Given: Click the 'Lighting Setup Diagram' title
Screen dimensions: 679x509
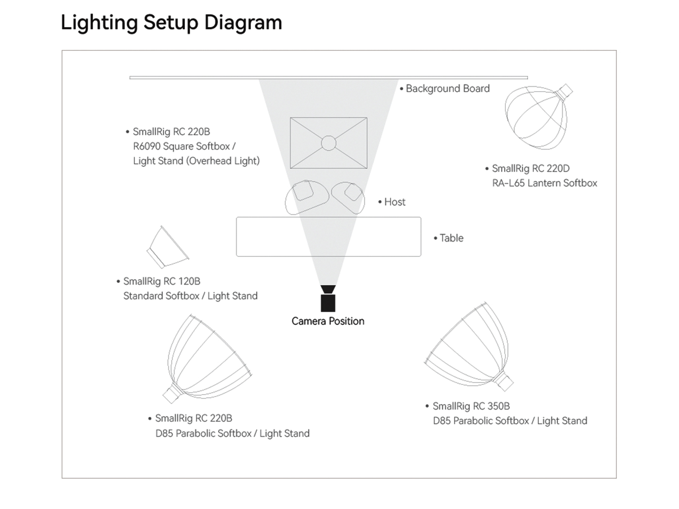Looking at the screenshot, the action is click(x=171, y=23).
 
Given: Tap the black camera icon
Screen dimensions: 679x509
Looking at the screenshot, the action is click(x=328, y=298).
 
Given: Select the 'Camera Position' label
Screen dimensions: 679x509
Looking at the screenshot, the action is click(x=328, y=321).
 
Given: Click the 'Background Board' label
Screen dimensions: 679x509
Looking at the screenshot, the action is click(x=448, y=89).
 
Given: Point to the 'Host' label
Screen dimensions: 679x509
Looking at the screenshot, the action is click(x=395, y=202).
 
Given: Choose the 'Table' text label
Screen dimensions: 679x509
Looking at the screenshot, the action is click(x=452, y=238).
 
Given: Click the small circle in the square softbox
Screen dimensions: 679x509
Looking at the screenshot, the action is click(x=328, y=143).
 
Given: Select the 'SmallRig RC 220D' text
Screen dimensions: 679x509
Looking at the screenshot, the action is click(x=531, y=168).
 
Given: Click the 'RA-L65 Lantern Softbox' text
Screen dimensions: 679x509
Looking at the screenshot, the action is click(x=545, y=183).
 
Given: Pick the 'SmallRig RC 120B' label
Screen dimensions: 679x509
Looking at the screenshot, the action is click(x=162, y=281).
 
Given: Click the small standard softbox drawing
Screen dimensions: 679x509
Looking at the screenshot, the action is click(x=168, y=247).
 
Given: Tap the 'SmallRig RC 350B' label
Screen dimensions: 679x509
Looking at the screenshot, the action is click(x=471, y=406).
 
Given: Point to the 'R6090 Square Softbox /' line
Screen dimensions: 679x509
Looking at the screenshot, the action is click(x=184, y=146).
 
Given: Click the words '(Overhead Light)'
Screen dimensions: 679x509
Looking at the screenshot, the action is click(x=223, y=161).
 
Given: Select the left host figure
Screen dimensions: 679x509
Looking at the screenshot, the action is click(x=307, y=197).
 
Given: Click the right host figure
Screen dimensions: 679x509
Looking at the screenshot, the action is click(x=349, y=197).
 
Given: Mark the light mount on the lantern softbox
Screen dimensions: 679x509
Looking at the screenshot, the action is click(x=564, y=92).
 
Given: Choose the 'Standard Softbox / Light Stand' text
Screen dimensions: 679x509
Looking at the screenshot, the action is click(x=190, y=296).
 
